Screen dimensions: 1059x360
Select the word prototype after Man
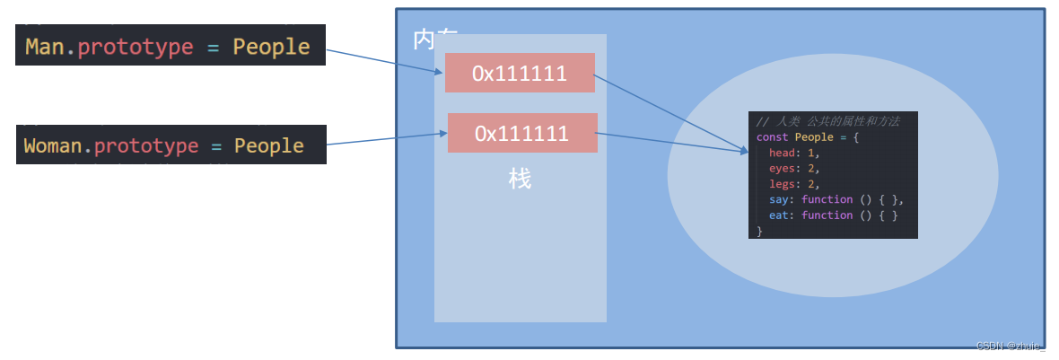coord(136,47)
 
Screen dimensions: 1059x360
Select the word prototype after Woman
coord(146,145)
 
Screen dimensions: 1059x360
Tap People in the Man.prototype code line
coord(271,47)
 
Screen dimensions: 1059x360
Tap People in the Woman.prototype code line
coord(269,145)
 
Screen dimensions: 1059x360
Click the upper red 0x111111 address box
coord(520,73)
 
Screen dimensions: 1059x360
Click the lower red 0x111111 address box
coord(521,133)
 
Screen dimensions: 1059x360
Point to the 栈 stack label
coord(520,179)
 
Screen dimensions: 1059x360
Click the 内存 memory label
coord(435,38)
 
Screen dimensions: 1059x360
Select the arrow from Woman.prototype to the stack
coord(386,139)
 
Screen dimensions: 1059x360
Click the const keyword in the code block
coord(772,137)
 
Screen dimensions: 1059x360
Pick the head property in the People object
coord(783,153)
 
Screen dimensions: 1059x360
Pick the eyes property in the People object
coord(783,168)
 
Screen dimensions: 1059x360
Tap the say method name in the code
coord(779,199)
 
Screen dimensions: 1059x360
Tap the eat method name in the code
coord(779,215)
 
